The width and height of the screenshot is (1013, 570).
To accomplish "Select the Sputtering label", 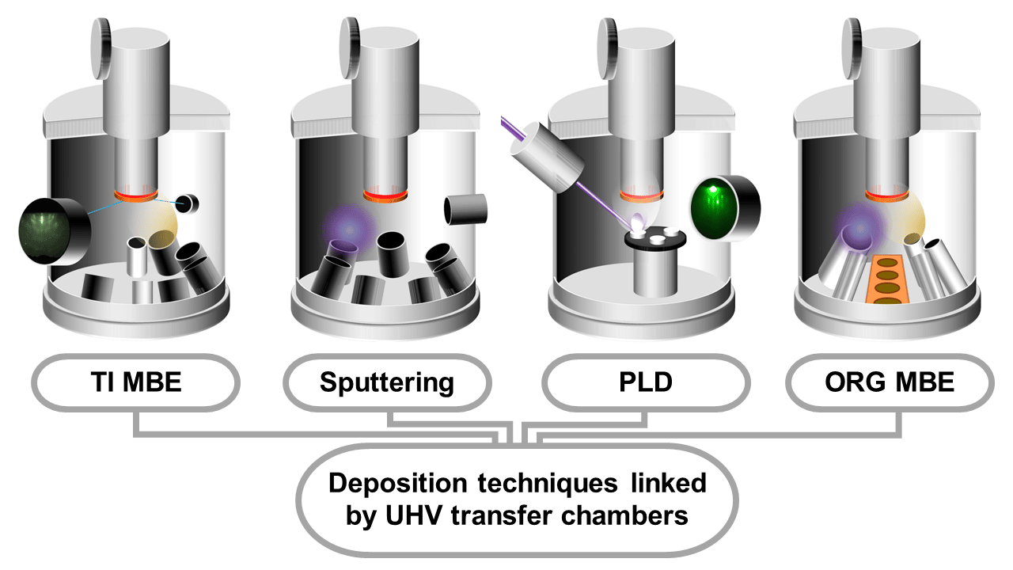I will [387, 383].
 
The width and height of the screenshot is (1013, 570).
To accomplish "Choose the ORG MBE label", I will [890, 383].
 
